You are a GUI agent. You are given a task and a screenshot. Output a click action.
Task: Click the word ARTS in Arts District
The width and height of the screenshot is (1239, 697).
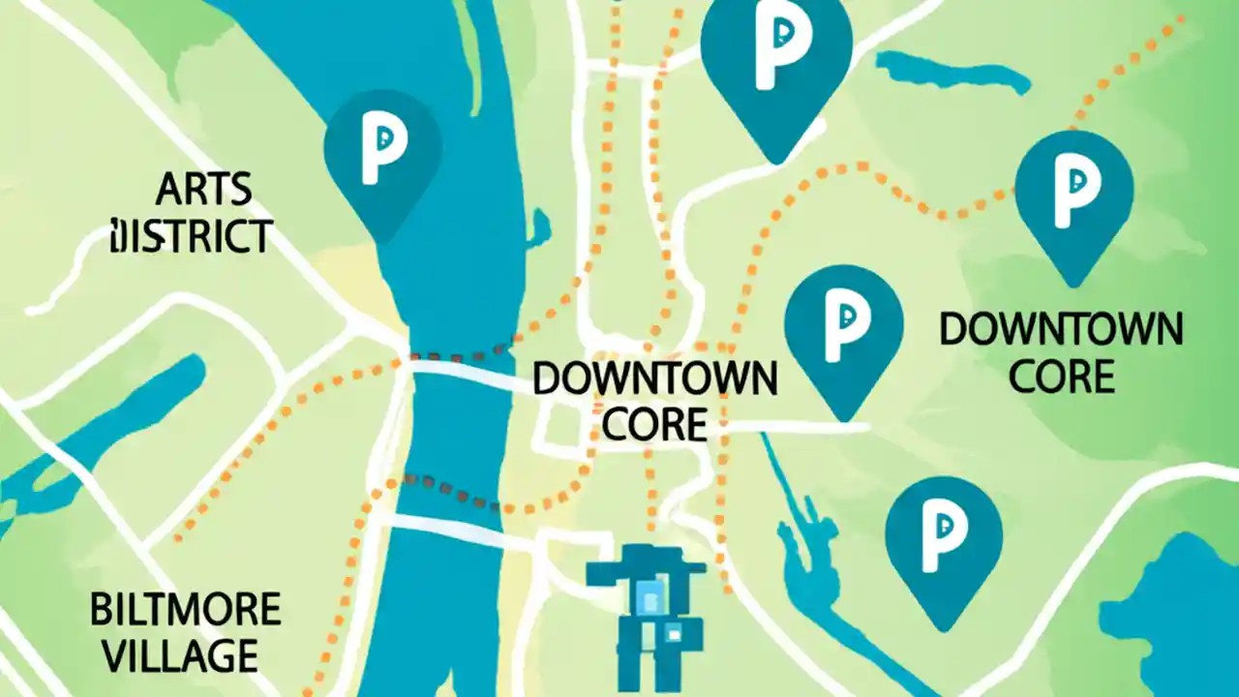(203, 191)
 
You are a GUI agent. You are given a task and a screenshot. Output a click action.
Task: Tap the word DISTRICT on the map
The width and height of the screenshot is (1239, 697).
(192, 235)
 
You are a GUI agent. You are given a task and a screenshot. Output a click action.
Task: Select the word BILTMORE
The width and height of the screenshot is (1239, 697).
(185, 610)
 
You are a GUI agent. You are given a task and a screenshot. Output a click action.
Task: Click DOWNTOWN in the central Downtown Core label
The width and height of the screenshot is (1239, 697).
(654, 379)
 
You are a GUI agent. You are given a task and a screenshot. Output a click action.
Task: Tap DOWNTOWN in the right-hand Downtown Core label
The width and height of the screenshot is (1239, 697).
(1061, 330)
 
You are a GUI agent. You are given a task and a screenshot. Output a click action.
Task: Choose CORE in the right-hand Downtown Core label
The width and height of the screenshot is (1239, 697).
(1061, 376)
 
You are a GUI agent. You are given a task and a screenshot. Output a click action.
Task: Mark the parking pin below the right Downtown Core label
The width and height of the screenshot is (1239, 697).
(943, 542)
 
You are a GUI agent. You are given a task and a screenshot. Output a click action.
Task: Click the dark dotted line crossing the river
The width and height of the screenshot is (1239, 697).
(455, 489)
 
